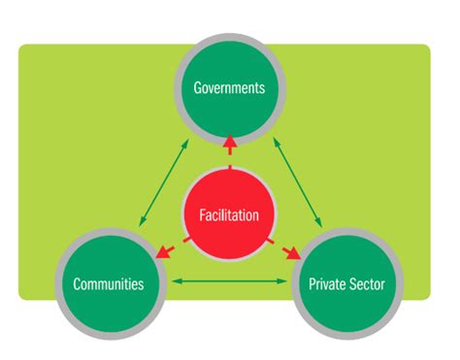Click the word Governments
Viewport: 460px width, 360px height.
click(x=229, y=87)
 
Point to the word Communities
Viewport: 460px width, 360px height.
click(x=109, y=284)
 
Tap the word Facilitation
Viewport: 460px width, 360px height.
click(x=229, y=215)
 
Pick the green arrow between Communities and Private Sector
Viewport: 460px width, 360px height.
click(x=229, y=282)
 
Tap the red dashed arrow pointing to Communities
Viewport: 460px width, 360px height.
click(x=169, y=249)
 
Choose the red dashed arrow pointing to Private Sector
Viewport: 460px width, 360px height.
click(x=287, y=249)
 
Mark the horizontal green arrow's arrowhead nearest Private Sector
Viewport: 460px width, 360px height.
click(x=285, y=282)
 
